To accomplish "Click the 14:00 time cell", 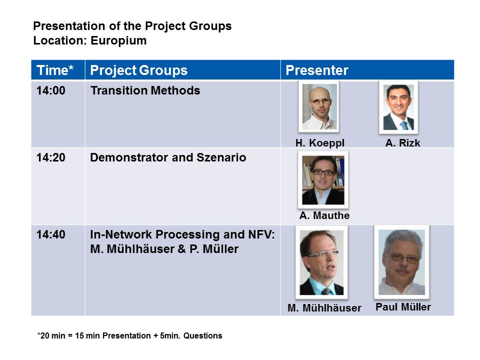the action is tap(51, 90).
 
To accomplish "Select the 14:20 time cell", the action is tap(51, 157).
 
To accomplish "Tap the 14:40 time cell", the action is tap(51, 235).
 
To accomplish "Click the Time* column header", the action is tap(55, 70).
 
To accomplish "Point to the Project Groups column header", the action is tap(138, 70).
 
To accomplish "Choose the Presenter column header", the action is tap(317, 70).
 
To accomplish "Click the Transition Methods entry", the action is tap(145, 90).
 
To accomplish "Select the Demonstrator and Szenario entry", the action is tap(168, 157).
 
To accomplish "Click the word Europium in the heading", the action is tap(118, 40).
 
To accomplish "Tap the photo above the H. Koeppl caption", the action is tap(319, 107).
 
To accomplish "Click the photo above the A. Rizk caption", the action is tap(398, 107).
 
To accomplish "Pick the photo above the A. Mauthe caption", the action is tap(323, 180).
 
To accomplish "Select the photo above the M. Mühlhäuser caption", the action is tap(321, 262).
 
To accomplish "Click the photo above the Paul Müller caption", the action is tap(401, 262).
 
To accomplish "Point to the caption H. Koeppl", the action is tap(320, 143).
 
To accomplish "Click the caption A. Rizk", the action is tap(402, 143).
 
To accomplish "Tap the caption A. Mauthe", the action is tap(324, 215).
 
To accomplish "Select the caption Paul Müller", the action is tap(403, 306).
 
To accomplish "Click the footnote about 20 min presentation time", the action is tap(130, 336).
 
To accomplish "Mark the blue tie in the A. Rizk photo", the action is tap(404, 125).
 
